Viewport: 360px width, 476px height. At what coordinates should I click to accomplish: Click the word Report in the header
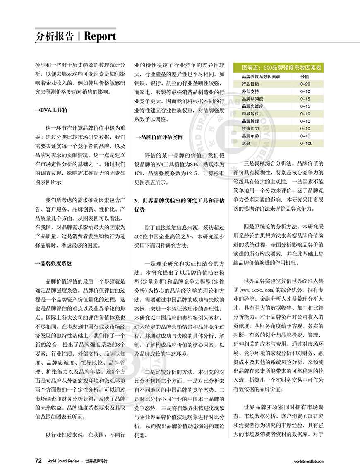coord(100,36)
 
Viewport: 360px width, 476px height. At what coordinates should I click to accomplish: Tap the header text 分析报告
coord(54,36)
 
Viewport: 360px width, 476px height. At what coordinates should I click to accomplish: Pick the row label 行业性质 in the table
coord(250,84)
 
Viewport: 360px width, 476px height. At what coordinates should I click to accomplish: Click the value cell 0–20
coord(305,84)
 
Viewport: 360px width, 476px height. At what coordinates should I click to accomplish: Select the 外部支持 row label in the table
coord(250,91)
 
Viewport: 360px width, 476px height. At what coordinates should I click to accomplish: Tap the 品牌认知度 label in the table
coord(252,99)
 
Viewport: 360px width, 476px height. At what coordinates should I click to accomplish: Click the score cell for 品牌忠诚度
coord(305,106)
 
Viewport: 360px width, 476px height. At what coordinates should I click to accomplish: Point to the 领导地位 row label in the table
coord(250,114)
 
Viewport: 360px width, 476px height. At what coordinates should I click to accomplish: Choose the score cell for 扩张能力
coord(305,129)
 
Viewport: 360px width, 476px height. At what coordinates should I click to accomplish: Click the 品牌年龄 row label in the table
coord(250,136)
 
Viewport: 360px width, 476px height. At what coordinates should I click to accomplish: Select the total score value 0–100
coord(306,144)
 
